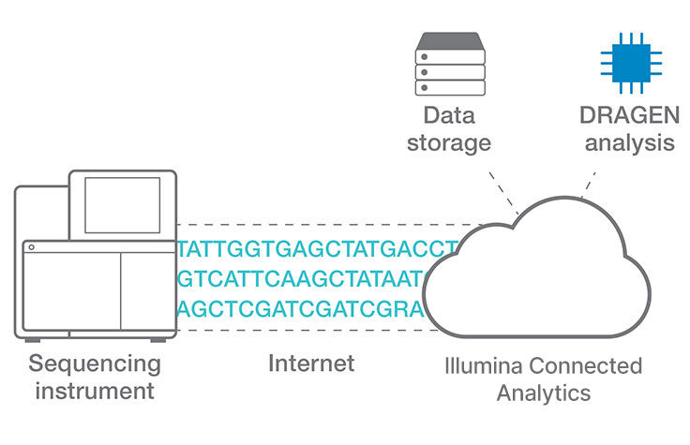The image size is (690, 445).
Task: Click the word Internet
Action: tap(311, 363)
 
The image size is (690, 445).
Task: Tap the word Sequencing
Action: tap(94, 363)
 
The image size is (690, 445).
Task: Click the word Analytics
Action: tap(544, 391)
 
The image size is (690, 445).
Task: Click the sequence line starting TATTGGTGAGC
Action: tap(317, 250)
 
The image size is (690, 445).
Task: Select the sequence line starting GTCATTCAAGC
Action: tap(302, 279)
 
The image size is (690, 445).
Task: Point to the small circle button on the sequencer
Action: tap(31, 247)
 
